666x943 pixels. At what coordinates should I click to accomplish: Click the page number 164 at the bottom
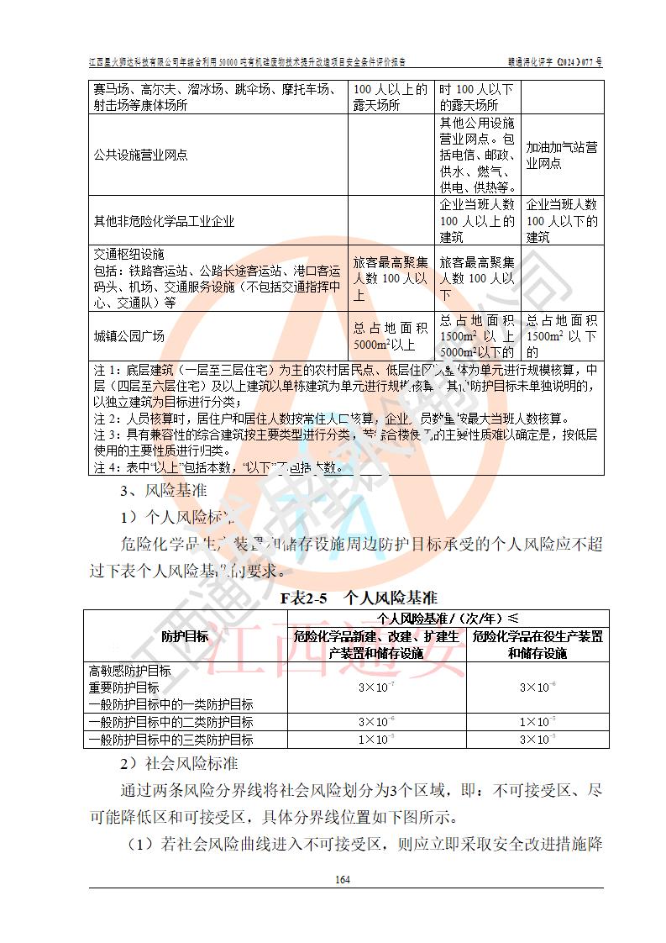(341, 880)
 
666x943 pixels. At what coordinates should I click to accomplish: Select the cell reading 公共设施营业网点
(141, 155)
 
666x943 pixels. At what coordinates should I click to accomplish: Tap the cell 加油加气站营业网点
(562, 155)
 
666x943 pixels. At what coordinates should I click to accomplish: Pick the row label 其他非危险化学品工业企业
(164, 222)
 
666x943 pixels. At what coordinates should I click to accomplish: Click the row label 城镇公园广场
(129, 336)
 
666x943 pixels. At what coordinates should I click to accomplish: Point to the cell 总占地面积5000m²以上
(391, 336)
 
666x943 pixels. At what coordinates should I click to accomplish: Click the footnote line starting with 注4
(218, 467)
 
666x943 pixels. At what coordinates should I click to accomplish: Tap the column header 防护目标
(185, 636)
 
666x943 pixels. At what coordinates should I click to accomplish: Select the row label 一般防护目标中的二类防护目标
(171, 722)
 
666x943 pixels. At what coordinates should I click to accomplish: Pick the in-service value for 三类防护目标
(538, 740)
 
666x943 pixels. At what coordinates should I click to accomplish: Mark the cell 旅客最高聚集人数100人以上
(391, 278)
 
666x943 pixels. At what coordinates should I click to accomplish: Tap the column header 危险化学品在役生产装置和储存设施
(538, 645)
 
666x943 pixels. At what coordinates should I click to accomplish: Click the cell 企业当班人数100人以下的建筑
(562, 222)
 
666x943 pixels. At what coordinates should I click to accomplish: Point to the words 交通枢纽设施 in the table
(129, 254)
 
